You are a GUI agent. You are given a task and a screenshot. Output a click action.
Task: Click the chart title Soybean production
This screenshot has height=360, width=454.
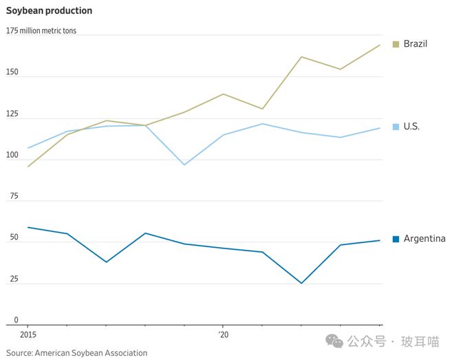tap(50, 11)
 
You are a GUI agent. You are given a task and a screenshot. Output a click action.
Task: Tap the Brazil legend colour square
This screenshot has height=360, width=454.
tap(396, 44)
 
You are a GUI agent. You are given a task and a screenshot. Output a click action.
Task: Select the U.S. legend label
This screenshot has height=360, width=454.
tap(411, 127)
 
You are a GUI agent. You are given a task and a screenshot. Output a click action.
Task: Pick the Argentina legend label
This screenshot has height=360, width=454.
tap(424, 239)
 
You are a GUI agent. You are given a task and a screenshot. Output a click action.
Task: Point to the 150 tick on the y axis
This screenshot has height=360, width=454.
tap(13, 72)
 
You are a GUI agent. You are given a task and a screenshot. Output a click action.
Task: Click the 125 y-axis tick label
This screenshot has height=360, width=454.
tap(13, 114)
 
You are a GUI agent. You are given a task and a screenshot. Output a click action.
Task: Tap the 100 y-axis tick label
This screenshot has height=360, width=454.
tap(13, 155)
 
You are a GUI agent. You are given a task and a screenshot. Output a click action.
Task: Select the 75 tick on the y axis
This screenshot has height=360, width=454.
tap(11, 196)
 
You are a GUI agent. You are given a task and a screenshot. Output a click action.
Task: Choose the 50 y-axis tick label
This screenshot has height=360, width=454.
tap(11, 237)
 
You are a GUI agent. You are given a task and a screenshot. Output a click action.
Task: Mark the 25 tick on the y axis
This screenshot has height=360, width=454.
tap(11, 279)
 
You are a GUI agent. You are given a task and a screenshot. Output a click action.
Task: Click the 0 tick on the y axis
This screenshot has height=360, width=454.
tap(8, 320)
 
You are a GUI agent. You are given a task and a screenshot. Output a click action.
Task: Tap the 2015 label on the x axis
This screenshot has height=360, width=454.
tap(28, 334)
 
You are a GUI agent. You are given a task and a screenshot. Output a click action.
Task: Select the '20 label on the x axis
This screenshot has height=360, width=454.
tap(223, 334)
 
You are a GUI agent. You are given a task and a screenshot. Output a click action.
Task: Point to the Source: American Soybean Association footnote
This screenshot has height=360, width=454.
tap(77, 353)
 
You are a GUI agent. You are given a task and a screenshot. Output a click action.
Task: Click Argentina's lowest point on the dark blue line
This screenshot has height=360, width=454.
tap(301, 283)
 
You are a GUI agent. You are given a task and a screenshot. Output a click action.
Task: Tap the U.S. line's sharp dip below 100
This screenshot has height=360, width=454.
tap(184, 165)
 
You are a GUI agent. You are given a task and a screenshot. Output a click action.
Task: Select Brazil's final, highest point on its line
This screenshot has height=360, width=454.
tap(380, 45)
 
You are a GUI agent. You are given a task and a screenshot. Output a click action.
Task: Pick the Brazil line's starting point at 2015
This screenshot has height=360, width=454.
tap(28, 167)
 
